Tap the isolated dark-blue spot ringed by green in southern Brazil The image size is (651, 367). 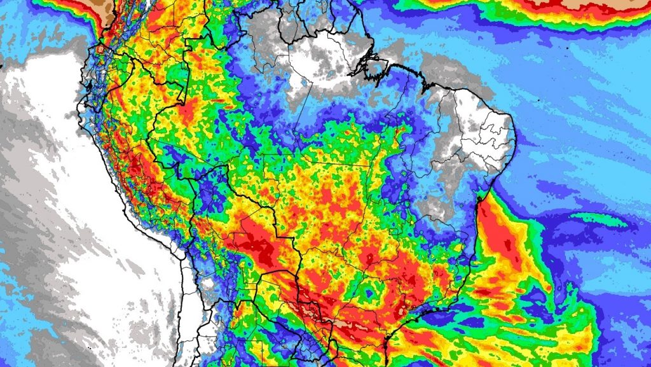[367, 294]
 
